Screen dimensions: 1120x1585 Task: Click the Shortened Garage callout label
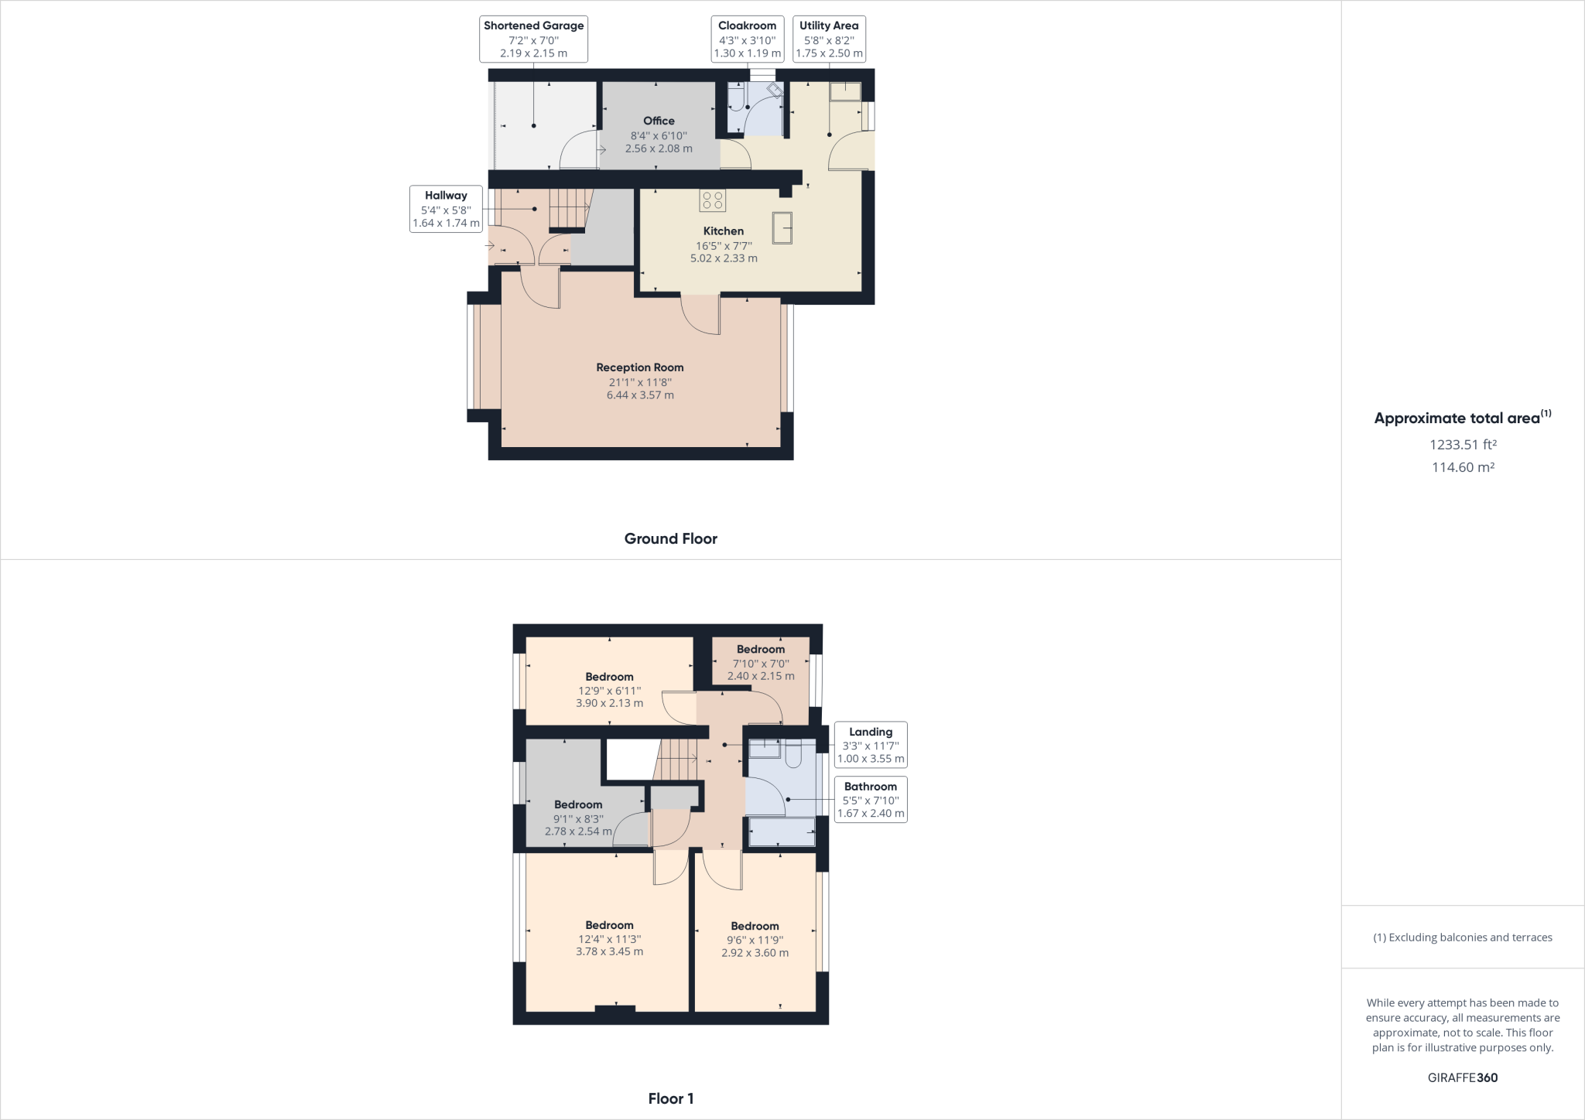pos(533,39)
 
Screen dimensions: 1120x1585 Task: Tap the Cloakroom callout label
pos(747,39)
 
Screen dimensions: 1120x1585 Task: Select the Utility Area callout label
pos(829,39)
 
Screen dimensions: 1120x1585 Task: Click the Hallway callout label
pos(446,209)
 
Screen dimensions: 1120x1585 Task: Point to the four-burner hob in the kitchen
pos(712,200)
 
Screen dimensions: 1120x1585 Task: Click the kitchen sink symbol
pos(782,227)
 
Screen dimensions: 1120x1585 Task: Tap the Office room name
pos(659,121)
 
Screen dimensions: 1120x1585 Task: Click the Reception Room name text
pos(640,367)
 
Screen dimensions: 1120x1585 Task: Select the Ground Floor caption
pos(671,539)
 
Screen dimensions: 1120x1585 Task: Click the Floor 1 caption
pos(671,1098)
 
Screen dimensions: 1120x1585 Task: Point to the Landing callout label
pos(871,745)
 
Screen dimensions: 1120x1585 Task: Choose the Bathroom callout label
pos(871,800)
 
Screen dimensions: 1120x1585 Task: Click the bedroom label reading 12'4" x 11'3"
pos(609,938)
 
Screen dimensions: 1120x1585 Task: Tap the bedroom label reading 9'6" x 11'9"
pos(755,939)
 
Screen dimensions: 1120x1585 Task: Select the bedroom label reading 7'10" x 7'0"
pos(761,662)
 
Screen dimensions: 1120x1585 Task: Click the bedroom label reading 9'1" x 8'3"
pos(578,818)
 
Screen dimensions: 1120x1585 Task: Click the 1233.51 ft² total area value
pos(1463,445)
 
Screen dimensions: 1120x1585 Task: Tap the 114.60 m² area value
pos(1463,467)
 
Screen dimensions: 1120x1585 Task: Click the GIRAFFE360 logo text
pos(1463,1077)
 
